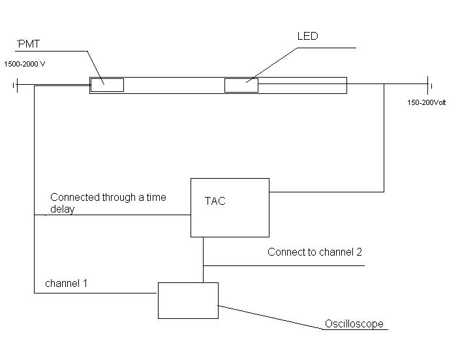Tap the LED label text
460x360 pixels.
coord(307,37)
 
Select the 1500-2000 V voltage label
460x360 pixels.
coord(25,65)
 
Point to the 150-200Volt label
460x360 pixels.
coord(427,102)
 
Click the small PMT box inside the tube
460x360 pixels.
coord(107,85)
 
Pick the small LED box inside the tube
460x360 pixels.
coord(241,85)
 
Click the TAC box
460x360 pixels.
coord(230,218)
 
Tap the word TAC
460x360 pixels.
coord(215,202)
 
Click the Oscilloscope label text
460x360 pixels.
coord(354,324)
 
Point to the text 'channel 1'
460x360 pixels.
coord(66,284)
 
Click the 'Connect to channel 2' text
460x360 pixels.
coord(314,252)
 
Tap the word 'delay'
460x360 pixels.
coord(63,209)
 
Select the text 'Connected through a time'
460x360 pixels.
coord(108,197)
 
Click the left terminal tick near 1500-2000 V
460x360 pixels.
coord(14,85)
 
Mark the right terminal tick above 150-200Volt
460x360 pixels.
coord(429,85)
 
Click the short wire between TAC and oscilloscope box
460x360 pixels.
coord(203,260)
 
